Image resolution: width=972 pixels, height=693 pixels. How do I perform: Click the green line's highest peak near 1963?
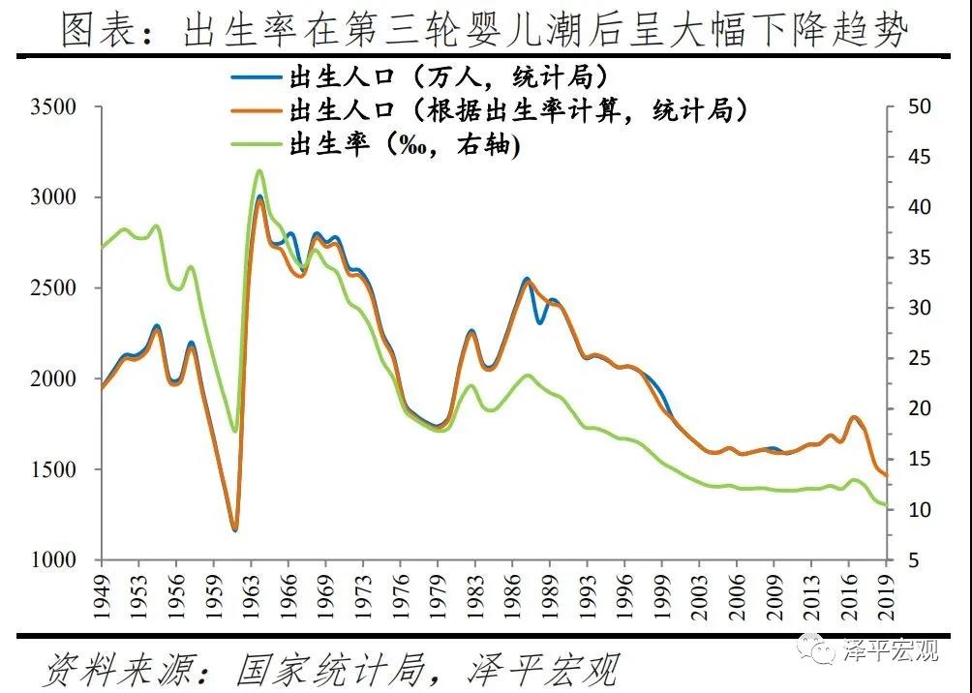point(258,170)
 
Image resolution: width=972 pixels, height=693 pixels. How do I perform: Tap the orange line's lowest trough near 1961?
point(234,528)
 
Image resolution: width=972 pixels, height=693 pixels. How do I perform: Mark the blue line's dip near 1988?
point(540,322)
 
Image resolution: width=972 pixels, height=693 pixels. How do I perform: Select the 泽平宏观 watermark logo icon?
point(822,649)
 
